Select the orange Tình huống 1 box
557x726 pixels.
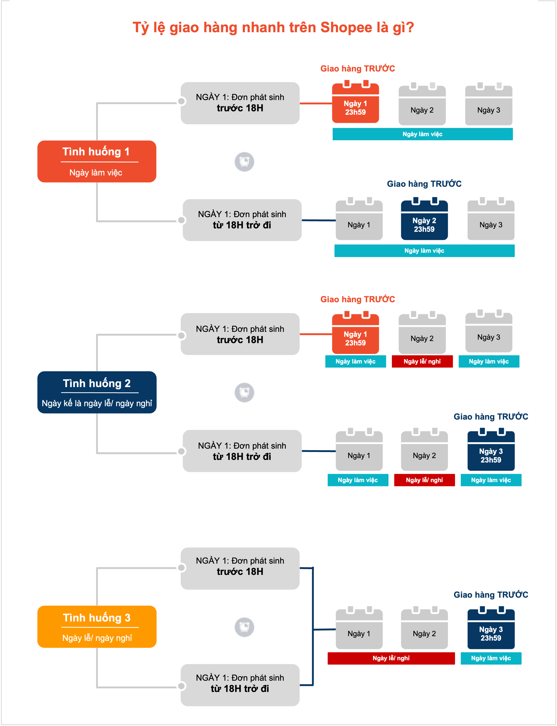point(97,161)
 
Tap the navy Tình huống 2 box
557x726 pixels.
point(97,392)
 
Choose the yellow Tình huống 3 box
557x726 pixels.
point(97,626)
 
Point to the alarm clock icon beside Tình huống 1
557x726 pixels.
point(244,162)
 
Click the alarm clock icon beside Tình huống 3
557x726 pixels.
point(244,627)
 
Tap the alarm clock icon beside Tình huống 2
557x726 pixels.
point(244,393)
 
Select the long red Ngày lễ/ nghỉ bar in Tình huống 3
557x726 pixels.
point(391,658)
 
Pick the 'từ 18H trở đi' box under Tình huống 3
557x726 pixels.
point(240,685)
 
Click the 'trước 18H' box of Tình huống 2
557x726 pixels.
point(240,334)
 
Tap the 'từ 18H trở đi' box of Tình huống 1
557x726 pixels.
point(242,220)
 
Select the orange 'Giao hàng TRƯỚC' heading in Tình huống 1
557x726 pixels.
point(358,69)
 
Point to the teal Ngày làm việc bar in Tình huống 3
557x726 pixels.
point(491,658)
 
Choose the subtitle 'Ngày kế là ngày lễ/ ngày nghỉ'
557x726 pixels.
point(97,403)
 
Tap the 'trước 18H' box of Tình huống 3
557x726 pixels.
point(240,568)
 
